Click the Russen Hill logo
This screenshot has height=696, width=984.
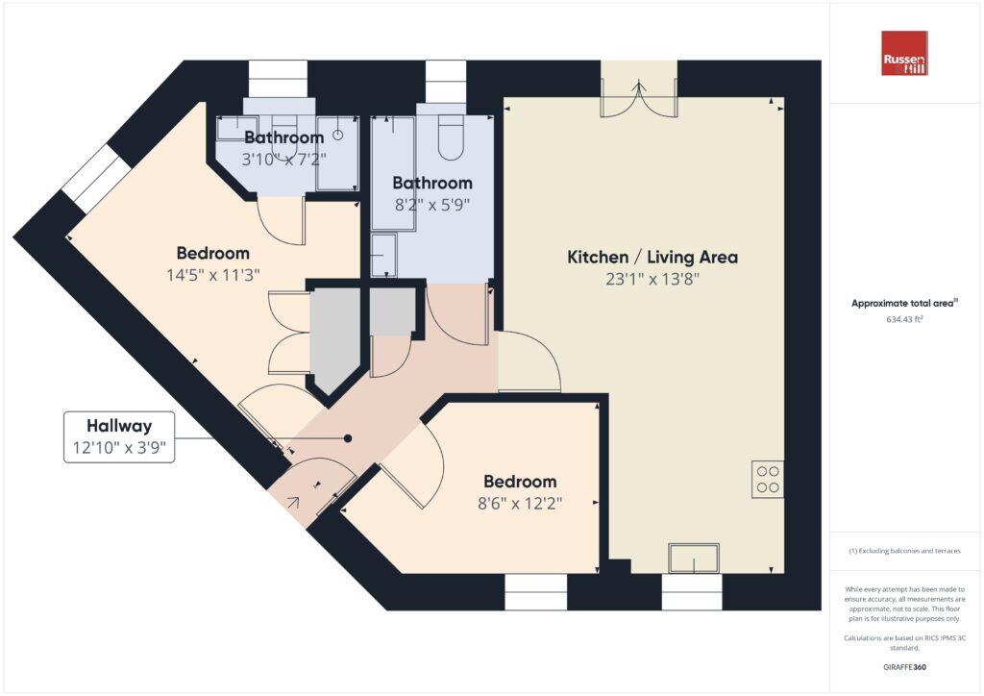904,54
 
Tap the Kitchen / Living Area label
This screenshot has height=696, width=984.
652,258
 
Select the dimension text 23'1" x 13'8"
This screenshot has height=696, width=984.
652,280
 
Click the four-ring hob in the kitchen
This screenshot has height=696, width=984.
767,480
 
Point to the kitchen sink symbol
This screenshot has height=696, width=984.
694,558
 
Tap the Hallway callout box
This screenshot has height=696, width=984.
119,436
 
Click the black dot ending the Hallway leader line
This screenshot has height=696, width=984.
348,438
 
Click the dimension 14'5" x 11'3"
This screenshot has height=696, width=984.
213,274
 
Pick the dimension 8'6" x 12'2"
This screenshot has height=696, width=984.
520,503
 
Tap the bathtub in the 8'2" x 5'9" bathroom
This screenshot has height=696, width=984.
393,173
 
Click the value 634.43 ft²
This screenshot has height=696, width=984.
904,319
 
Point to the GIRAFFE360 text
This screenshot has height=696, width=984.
904,666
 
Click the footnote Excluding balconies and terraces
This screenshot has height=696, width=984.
904,552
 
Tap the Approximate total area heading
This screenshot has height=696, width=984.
904,303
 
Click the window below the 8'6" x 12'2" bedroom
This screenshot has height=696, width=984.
536,592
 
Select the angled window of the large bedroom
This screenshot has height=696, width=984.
96,180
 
